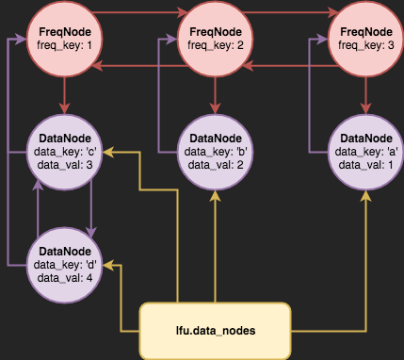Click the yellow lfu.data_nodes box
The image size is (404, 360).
pos(216,331)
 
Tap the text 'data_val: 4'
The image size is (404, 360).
pos(64,278)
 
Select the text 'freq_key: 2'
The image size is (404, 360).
pos(216,45)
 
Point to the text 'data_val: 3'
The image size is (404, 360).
pos(64,165)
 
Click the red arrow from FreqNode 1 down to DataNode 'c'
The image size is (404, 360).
pos(64,94)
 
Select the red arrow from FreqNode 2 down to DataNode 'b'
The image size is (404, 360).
pos(216,94)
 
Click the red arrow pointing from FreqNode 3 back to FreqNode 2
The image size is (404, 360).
pos(291,65)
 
